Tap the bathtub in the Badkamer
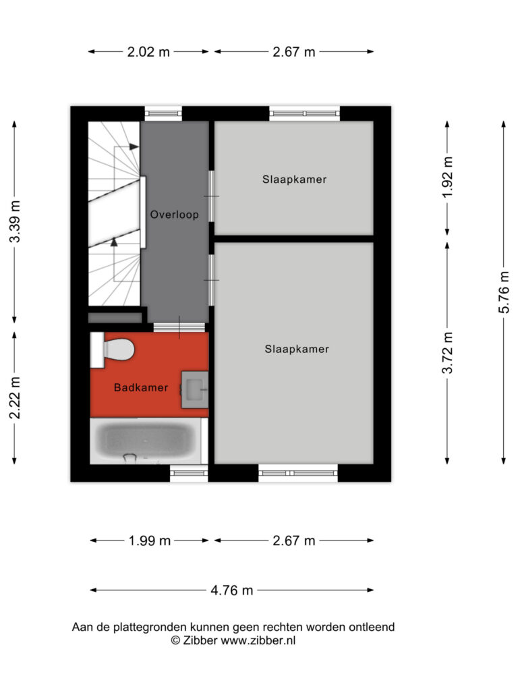point(148,441)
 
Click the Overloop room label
point(175,215)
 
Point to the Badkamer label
point(141,387)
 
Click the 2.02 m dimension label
point(148,52)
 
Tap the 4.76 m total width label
point(232,590)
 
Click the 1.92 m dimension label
point(447,177)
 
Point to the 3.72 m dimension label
point(447,352)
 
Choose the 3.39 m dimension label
point(15,221)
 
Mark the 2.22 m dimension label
point(15,398)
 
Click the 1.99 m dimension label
point(149,541)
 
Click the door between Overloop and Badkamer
point(179,327)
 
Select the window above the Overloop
point(163,113)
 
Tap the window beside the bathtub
point(189,473)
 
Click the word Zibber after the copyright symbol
point(199,640)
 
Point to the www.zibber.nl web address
point(258,640)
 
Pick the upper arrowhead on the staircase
point(134,146)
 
